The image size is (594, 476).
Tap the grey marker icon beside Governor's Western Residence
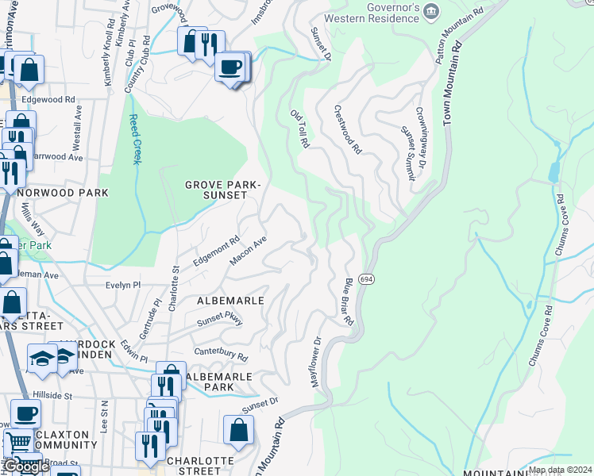(x=431, y=11)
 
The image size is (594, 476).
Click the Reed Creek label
(x=134, y=140)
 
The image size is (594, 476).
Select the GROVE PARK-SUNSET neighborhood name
(x=222, y=190)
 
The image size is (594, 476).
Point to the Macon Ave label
(x=247, y=251)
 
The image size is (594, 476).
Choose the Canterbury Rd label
(x=221, y=355)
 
